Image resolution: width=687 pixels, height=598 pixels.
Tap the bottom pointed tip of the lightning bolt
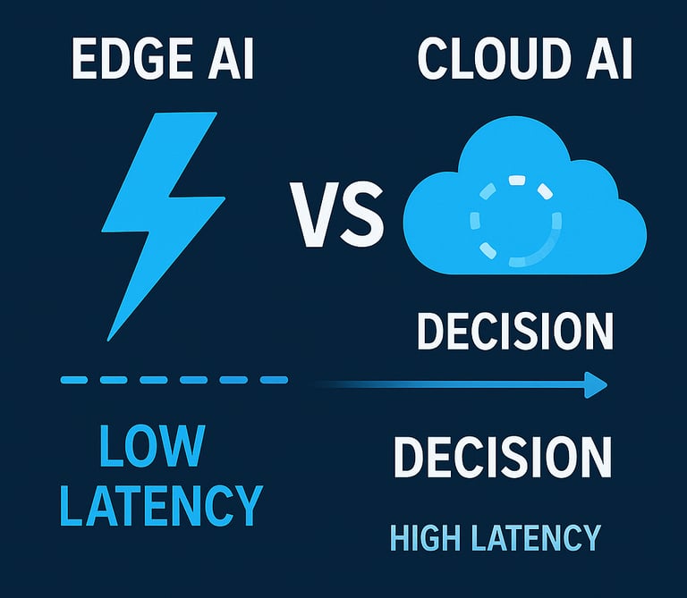tap(111, 338)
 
